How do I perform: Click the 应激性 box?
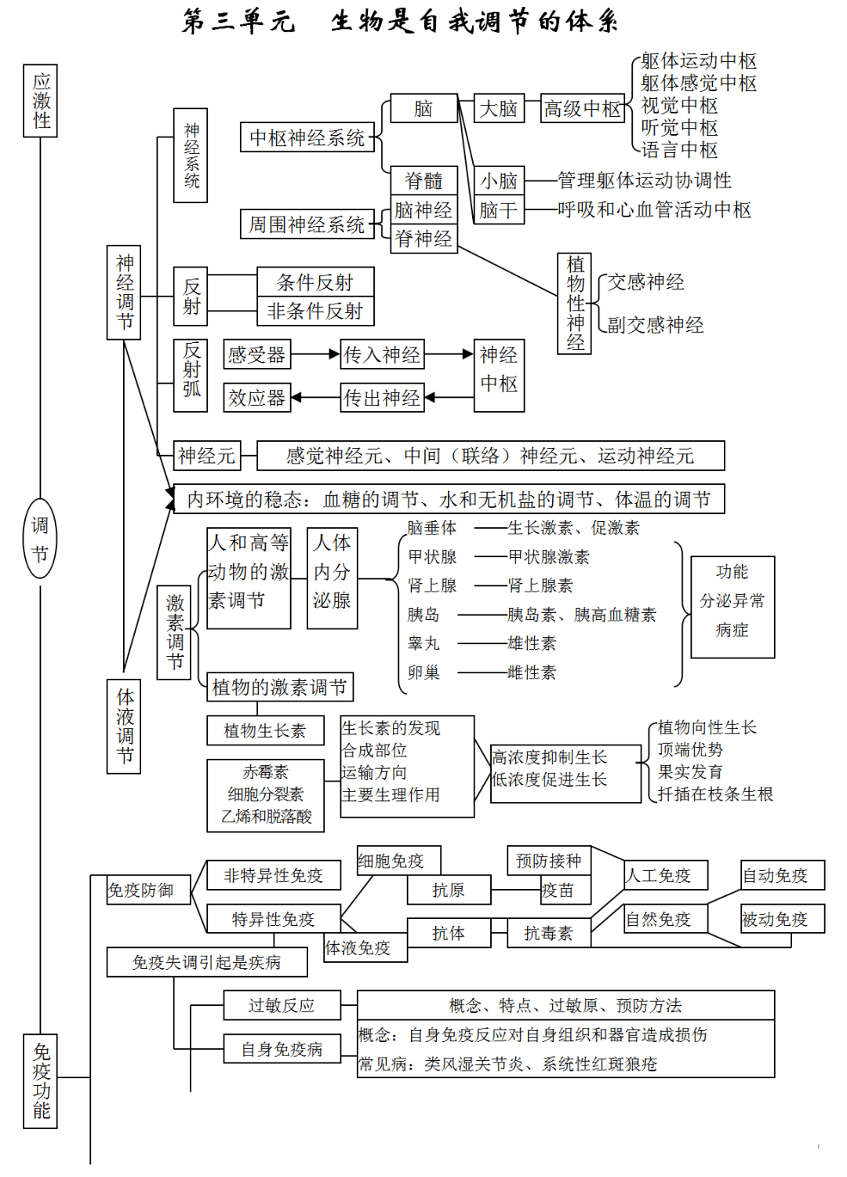41,101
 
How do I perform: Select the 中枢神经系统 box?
307,137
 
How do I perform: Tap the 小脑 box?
499,181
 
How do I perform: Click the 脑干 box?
499,210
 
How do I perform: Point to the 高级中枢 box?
583,109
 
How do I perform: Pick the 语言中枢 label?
679,150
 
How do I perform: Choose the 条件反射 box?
315,282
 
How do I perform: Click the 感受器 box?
256,355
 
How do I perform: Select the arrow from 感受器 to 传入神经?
315,355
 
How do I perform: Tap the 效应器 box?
256,398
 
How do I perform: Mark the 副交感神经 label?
655,325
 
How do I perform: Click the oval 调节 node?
40,539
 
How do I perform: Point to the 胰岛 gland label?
423,614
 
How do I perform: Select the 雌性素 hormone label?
532,672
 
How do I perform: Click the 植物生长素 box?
265,731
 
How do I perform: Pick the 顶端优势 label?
690,750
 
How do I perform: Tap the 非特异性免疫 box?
274,875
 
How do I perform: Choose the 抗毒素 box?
548,933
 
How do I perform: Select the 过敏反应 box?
282,1005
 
